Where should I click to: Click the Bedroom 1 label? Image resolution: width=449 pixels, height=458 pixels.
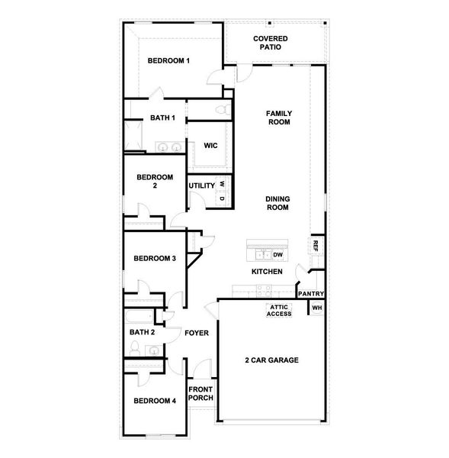coord(168,61)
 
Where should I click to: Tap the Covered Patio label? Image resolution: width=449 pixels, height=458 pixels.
coord(271,42)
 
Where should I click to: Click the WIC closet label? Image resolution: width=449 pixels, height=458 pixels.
coord(210,146)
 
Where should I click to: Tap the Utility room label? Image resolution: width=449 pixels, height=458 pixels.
coord(201,185)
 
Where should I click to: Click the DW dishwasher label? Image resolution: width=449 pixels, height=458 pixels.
coord(278,255)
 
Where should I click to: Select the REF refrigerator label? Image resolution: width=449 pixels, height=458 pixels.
coord(314,245)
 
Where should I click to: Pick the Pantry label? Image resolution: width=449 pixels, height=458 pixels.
coord(311,294)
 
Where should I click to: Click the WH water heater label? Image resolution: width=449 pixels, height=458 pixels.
coord(317,308)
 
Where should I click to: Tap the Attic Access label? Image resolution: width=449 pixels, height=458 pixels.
coord(279,310)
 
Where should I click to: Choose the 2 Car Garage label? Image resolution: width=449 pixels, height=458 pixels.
coord(271,360)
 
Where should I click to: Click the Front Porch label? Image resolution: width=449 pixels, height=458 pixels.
coord(201,393)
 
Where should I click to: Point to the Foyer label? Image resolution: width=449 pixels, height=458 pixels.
coord(197,333)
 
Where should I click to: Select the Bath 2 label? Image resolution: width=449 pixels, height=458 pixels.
coord(142,332)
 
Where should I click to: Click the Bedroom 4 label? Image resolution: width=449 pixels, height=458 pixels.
coord(155,401)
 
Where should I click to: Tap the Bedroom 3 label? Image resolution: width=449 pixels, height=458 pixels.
coord(155,259)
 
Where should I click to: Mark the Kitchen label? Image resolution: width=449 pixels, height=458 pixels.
coord(268,272)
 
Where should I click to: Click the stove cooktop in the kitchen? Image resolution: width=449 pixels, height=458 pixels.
coord(262,289)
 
